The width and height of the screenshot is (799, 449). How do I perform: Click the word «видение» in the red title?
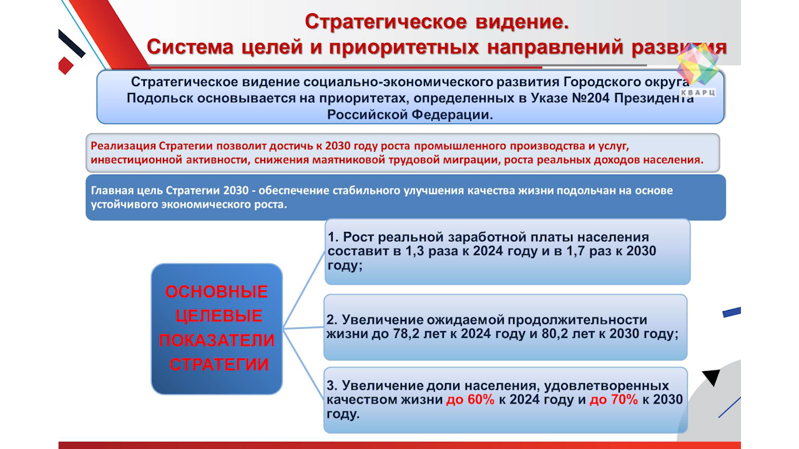[522, 22]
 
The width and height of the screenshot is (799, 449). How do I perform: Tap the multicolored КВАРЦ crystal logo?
[697, 65]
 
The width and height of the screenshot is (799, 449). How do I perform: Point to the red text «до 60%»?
[470, 400]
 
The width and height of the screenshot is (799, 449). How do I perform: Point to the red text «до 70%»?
[614, 400]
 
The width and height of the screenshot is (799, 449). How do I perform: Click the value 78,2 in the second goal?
[406, 334]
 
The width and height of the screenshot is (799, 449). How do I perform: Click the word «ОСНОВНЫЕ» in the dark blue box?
[217, 291]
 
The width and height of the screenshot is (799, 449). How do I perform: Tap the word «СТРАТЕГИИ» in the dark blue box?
[218, 364]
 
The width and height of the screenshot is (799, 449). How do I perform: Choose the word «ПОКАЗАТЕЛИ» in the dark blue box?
[217, 340]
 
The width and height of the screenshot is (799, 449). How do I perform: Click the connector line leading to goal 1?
[303, 290]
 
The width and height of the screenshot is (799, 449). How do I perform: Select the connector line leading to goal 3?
[303, 364]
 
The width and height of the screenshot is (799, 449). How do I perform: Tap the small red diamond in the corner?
[66, 65]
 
